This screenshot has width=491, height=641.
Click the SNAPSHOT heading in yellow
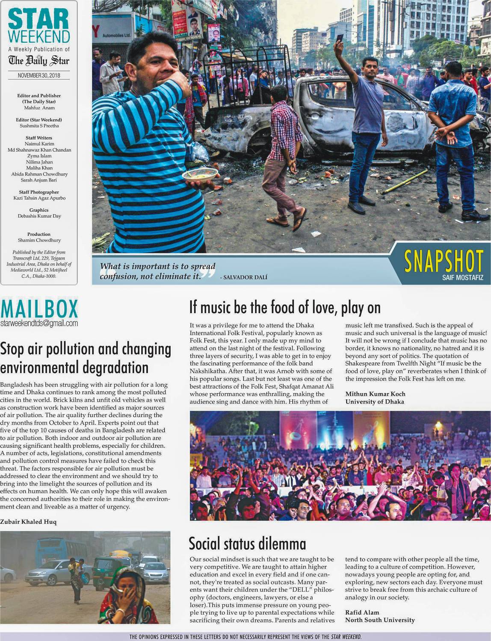coord(444,261)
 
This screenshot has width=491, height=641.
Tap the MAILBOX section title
coord(39,309)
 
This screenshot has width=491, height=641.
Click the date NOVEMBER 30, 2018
coord(39,75)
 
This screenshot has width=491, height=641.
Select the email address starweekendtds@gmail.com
coord(39,323)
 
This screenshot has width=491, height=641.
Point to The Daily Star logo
coord(39,61)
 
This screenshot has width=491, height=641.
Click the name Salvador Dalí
coord(245,277)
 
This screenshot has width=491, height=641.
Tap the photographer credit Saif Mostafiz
coord(463,278)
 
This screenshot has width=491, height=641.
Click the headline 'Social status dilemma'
coord(247,544)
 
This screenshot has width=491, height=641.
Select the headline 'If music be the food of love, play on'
coord(285,307)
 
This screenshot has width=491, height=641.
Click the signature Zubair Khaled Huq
coord(28,522)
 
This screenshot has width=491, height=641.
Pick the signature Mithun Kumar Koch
coord(375,394)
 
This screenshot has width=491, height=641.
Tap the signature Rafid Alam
coord(362,612)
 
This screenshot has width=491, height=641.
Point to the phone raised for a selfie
coord(339,38)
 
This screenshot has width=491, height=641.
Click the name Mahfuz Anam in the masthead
coord(39,108)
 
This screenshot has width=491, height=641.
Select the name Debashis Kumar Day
coord(39,216)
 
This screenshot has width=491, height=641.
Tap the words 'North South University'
coord(380,620)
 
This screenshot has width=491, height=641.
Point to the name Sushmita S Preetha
coord(39,126)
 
